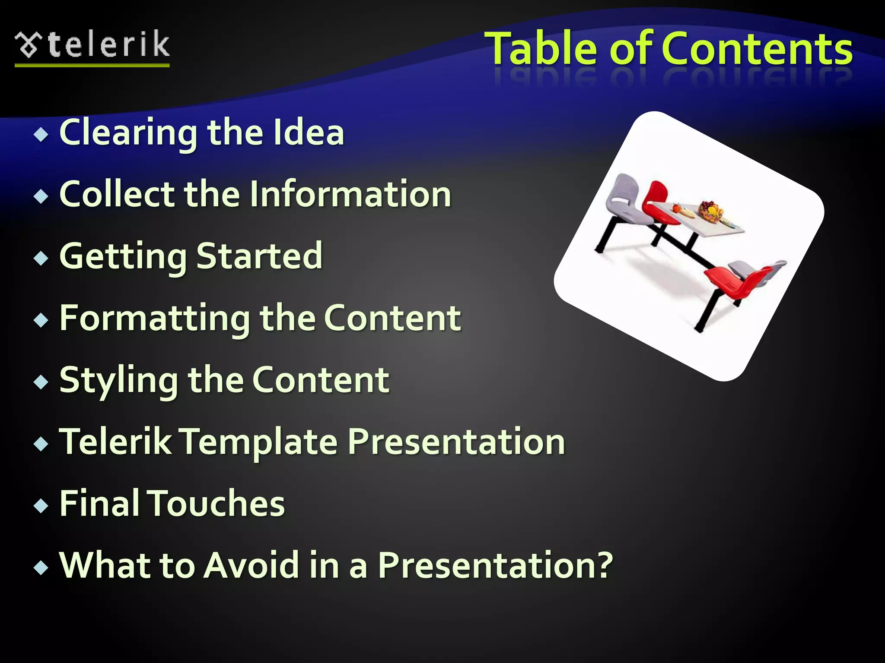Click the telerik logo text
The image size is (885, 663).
click(x=108, y=44)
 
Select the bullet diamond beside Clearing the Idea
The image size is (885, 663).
click(x=41, y=135)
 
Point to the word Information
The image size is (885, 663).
click(x=350, y=194)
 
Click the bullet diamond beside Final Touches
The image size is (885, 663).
click(x=41, y=505)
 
